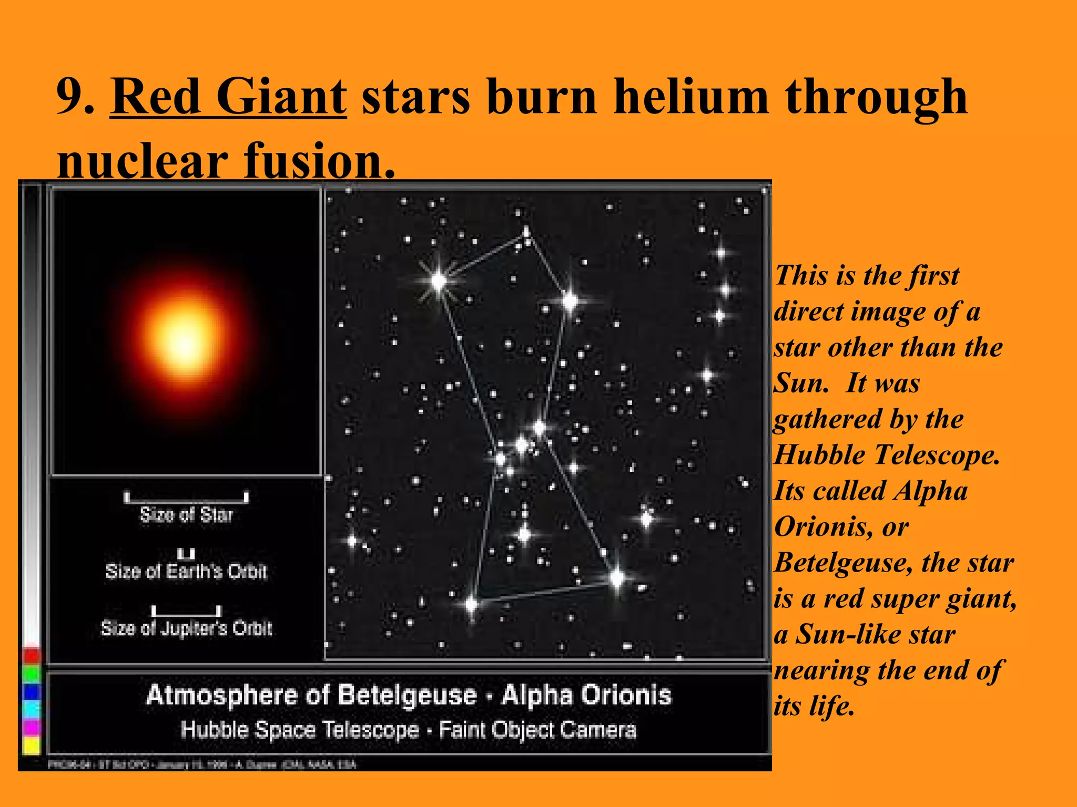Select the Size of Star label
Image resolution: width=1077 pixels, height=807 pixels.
point(186,515)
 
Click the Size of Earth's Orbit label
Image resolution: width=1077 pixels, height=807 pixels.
point(186,571)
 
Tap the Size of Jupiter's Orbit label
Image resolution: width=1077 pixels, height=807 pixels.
point(186,628)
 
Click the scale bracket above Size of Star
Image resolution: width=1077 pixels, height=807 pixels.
point(186,498)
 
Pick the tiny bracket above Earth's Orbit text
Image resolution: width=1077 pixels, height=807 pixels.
point(186,554)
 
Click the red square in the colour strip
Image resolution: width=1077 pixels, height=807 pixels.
point(32,655)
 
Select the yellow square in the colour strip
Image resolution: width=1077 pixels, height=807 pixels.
point(32,745)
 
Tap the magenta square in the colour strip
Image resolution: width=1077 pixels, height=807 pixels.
point(32,728)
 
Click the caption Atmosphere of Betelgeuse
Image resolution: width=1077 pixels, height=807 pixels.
point(311,695)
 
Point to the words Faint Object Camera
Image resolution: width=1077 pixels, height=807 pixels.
point(537,730)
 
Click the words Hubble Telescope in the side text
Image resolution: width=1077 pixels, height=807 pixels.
point(886,455)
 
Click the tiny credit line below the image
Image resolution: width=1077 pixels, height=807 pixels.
point(202,764)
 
